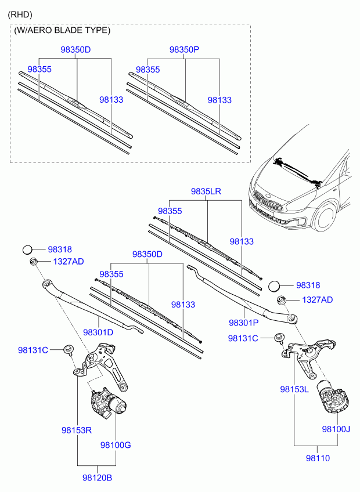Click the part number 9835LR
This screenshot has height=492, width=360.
pos(206,191)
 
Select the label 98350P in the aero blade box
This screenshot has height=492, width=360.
pos(185,49)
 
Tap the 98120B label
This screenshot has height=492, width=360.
pos(97,478)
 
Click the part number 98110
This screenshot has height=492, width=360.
pos(318,458)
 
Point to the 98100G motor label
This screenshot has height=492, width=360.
pos(116,445)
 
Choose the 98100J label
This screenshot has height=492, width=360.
pos(336,429)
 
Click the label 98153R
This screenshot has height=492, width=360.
pos(77,430)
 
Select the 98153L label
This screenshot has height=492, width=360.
pos(294,389)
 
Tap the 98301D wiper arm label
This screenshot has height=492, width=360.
pos(98,332)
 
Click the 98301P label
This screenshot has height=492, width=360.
pos(244,323)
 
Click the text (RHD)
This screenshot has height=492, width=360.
pos(20,15)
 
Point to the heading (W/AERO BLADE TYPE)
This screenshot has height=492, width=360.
pos(62,30)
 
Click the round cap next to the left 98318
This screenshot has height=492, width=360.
pos(27,249)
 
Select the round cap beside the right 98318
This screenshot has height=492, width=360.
pos(274,286)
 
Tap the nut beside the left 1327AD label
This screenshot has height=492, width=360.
pos(33,261)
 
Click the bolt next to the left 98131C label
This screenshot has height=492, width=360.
pos(68,350)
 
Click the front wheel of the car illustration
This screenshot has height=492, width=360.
pos(325,217)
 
